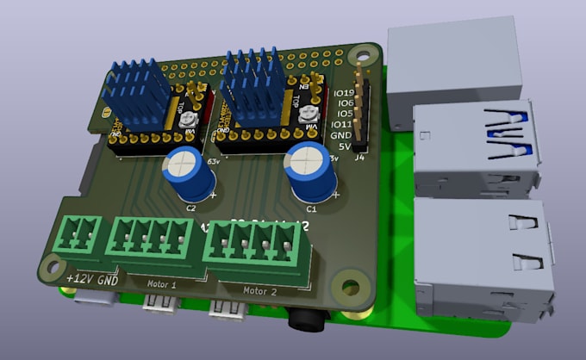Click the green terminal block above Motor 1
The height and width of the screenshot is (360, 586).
pyautogui.click(x=150, y=239)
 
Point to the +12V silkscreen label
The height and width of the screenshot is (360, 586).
pyautogui.click(x=79, y=279)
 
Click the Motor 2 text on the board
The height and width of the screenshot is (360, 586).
pyautogui.click(x=259, y=291)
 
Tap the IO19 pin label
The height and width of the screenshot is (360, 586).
pyautogui.click(x=344, y=93)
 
